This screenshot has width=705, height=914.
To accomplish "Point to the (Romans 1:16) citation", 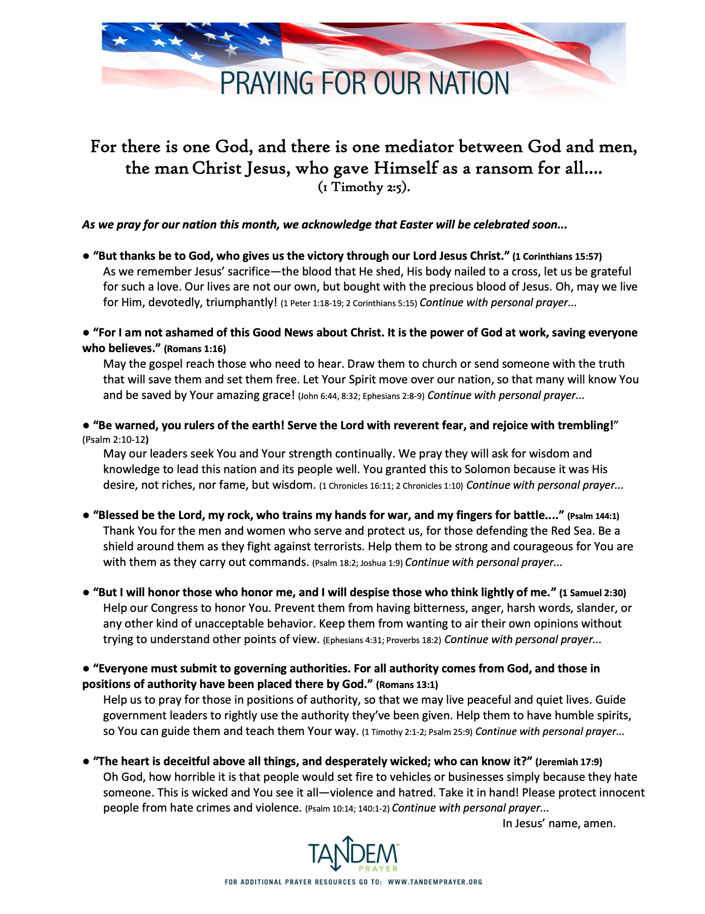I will [x=195, y=349].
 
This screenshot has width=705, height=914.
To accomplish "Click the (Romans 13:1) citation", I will [x=407, y=684].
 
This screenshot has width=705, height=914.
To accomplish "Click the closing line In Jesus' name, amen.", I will [x=559, y=823].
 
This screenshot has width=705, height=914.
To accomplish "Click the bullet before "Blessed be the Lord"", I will [x=86, y=516].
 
